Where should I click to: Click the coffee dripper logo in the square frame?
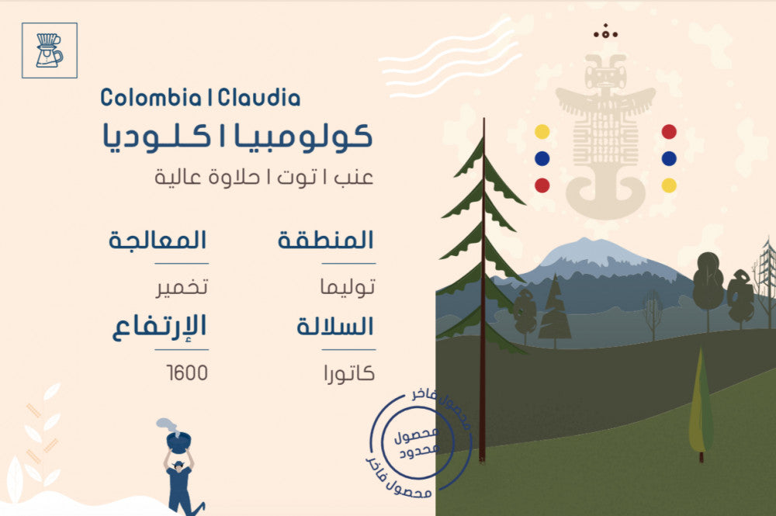[x=49, y=50]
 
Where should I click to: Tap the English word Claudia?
[x=259, y=98]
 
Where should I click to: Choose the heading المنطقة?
[x=325, y=240]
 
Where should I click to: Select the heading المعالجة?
[x=158, y=240]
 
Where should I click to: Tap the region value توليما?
[x=348, y=286]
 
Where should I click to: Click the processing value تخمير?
[x=182, y=287]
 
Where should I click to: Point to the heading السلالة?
[x=335, y=326]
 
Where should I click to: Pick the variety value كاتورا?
[x=349, y=373]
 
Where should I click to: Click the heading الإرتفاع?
[x=159, y=327]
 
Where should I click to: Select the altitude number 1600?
[x=187, y=373]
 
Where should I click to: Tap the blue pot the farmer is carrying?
[x=178, y=442]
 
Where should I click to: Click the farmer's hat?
[x=178, y=464]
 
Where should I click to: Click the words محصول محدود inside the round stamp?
[x=417, y=442]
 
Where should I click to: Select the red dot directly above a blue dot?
[x=669, y=132]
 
